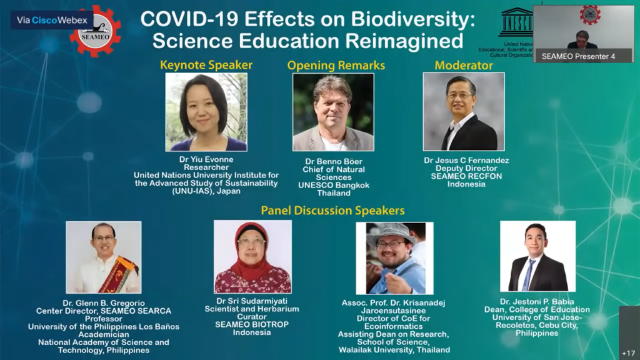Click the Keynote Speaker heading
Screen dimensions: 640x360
tap(206, 65)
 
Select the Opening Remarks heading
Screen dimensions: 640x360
tap(336, 65)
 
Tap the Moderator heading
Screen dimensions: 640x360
tap(464, 65)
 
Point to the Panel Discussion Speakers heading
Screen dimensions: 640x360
tap(332, 210)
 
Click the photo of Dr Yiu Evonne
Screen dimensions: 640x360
tap(206, 112)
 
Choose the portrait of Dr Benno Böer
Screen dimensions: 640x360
tap(333, 112)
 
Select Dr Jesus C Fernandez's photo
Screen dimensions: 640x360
tap(464, 111)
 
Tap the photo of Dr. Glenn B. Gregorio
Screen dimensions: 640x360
tap(104, 257)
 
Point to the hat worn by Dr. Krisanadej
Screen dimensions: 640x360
tap(391, 234)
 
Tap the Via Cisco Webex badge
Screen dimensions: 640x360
tap(52, 20)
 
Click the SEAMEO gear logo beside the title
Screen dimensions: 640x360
tap(96, 31)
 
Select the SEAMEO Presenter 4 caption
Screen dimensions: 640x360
tap(578, 56)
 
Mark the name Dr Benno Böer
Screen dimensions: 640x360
tap(334, 162)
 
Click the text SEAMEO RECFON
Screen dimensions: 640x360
tap(466, 176)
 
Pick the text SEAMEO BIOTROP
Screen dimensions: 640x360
tap(252, 324)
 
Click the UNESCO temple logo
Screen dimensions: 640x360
tap(516, 22)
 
